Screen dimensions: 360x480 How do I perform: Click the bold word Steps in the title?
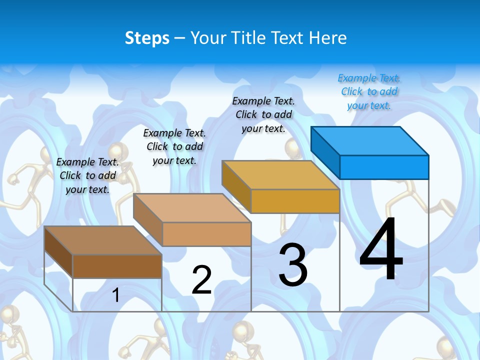tap(147, 38)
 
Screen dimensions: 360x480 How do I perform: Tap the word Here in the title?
tap(328, 38)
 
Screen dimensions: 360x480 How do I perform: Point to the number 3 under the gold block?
tap(293, 265)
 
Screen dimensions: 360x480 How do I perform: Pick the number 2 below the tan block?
tap(202, 280)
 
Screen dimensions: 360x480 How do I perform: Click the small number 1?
tap(116, 295)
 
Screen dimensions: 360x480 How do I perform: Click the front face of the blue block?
tap(384, 167)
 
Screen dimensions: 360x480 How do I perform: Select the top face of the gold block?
tap(280, 175)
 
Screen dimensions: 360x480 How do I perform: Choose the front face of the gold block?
tap(295, 201)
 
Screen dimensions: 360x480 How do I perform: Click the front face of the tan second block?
tap(206, 234)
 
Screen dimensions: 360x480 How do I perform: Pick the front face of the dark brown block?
tap(117, 266)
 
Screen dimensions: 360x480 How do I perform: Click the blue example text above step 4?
tap(369, 91)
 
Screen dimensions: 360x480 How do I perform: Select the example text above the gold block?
tap(263, 114)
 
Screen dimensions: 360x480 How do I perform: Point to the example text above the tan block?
tap(174, 146)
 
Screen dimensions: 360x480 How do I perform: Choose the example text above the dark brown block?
tap(87, 175)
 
